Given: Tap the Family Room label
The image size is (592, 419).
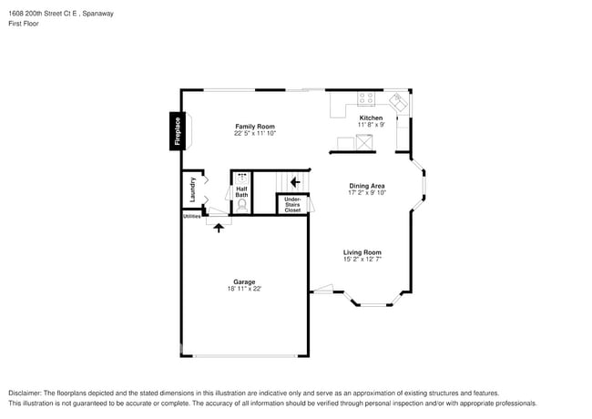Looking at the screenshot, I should (x=254, y=127).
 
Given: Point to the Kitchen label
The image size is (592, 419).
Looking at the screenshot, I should (x=371, y=118).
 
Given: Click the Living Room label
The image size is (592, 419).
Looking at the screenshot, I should (x=362, y=252).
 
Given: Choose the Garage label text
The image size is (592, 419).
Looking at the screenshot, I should (x=244, y=282).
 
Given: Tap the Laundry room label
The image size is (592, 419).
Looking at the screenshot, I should (x=192, y=189).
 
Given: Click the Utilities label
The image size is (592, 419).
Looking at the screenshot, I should (x=191, y=217).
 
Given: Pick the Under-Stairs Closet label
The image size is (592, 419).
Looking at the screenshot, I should (x=292, y=205).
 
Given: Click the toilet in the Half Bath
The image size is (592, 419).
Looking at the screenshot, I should (x=242, y=205).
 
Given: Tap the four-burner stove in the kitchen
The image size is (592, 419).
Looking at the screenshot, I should (x=366, y=98).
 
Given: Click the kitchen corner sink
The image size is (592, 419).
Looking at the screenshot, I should (x=398, y=100).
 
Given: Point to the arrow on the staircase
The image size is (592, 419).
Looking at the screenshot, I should (x=294, y=181).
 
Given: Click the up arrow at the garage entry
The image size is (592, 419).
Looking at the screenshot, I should (x=218, y=228).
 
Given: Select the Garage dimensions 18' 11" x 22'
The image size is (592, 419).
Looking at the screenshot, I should (x=244, y=289).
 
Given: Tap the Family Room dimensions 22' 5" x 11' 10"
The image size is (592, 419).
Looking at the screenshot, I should (x=254, y=133).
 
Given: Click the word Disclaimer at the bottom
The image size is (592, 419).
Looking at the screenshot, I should (x=28, y=393).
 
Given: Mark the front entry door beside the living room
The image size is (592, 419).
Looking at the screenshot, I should (x=322, y=291).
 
